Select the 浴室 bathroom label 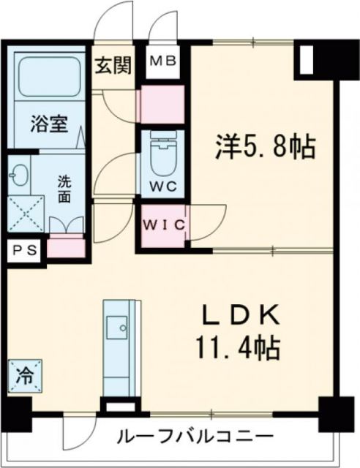point(50,123)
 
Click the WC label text point(162,186)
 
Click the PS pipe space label point(24,249)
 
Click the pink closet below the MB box point(162,102)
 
